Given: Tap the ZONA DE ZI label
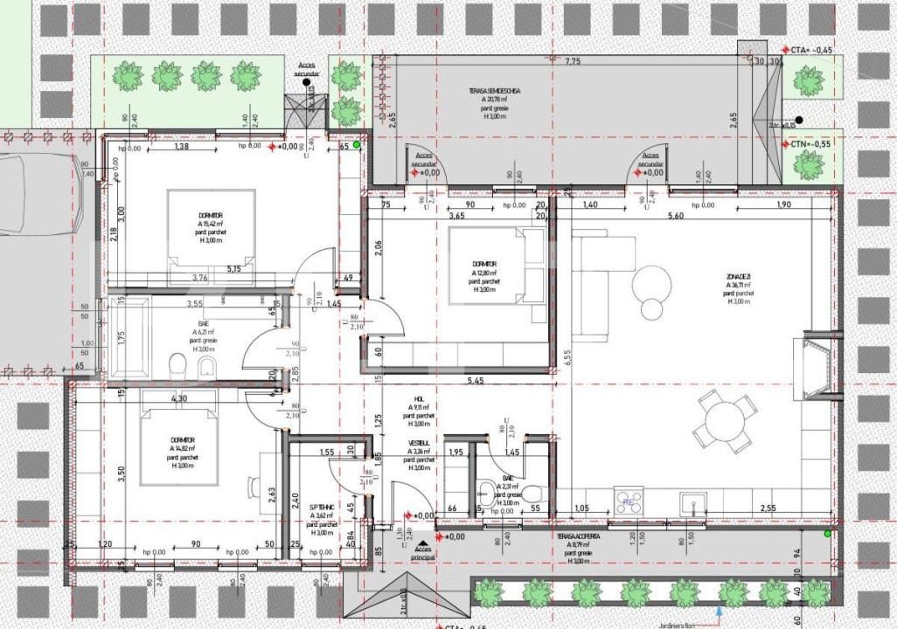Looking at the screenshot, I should [x=737, y=278].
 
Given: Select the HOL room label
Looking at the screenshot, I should [x=419, y=401].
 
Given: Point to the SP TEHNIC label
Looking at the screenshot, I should [x=321, y=507].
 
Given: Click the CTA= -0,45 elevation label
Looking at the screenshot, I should [x=810, y=50].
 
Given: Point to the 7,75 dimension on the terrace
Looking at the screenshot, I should [x=573, y=62].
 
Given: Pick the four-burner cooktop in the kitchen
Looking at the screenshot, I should [x=628, y=501].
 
